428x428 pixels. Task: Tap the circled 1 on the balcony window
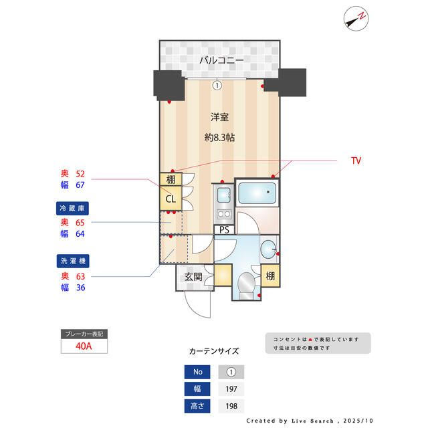[x=217, y=85]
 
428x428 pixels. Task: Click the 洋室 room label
[x=220, y=118]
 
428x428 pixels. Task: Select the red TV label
[x=356, y=161]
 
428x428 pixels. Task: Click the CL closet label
[x=171, y=199]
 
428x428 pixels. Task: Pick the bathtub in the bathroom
[x=256, y=195]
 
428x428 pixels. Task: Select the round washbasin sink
[x=270, y=248]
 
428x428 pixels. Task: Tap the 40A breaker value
[x=83, y=346]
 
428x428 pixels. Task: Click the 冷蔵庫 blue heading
[x=73, y=208]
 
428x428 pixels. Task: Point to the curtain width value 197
[x=231, y=389]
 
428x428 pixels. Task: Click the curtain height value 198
[x=231, y=406]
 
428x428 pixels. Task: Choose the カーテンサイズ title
[x=214, y=350]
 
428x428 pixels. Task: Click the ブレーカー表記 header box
[x=83, y=333]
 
